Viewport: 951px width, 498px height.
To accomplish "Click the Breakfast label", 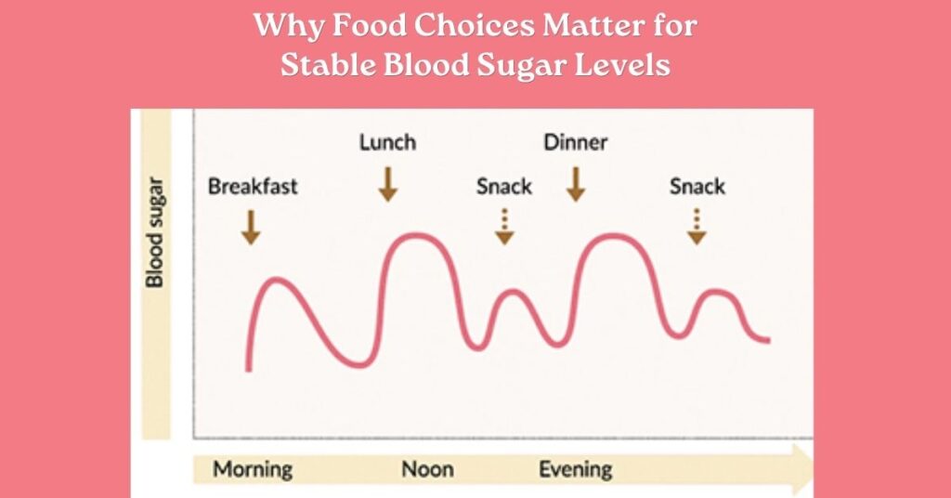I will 253,186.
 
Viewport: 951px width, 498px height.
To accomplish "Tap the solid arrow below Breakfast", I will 250,227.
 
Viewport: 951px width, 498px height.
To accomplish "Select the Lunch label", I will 387,142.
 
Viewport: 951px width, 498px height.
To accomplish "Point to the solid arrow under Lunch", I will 388,184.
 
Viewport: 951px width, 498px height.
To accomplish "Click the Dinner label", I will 575,142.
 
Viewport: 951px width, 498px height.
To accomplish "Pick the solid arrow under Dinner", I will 576,184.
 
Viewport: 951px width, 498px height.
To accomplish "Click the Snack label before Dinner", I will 504,186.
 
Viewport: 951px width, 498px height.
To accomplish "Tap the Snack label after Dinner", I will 697,186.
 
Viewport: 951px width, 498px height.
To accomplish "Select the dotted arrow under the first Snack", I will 504,227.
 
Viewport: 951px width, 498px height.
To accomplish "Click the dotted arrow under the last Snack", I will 697,227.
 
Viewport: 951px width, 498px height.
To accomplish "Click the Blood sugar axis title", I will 156,232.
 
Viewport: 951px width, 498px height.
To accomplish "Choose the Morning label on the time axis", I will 253,468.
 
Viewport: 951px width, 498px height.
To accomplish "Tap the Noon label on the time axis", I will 427,468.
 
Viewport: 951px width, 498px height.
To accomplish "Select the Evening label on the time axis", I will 576,468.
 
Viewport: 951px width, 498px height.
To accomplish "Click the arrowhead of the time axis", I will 801,467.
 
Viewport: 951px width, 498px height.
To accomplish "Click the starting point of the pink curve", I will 248,370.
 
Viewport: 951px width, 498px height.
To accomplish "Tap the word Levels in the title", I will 624,66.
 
